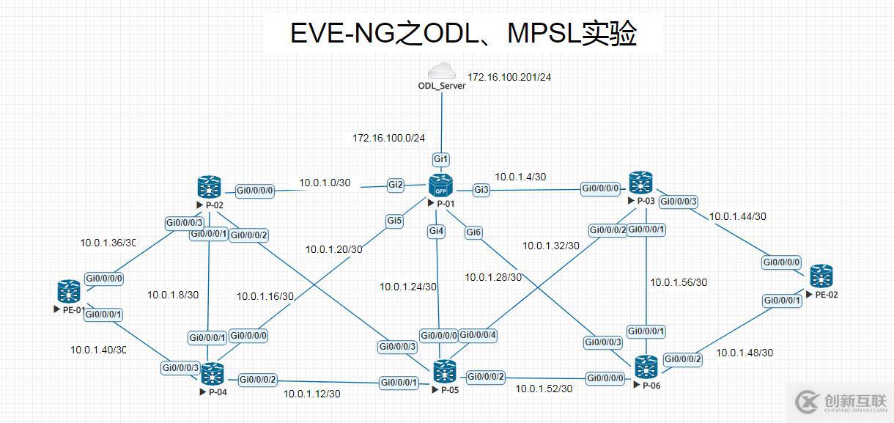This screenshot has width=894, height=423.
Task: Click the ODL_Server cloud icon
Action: [441, 71]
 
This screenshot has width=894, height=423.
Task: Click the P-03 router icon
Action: [640, 183]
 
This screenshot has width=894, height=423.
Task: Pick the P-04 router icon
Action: [213, 373]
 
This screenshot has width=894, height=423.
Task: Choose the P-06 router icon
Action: [646, 367]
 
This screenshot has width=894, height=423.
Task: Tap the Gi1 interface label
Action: [441, 160]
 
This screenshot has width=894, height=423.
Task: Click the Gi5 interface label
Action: [395, 220]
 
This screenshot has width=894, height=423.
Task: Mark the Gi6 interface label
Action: [474, 232]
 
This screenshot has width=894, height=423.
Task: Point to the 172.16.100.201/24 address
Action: [509, 76]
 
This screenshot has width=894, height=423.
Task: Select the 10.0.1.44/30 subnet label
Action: [737, 216]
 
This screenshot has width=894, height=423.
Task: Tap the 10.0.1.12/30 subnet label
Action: [312, 394]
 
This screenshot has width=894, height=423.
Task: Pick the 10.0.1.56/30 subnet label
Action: [679, 282]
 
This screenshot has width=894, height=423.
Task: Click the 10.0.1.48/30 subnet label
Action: [745, 353]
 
